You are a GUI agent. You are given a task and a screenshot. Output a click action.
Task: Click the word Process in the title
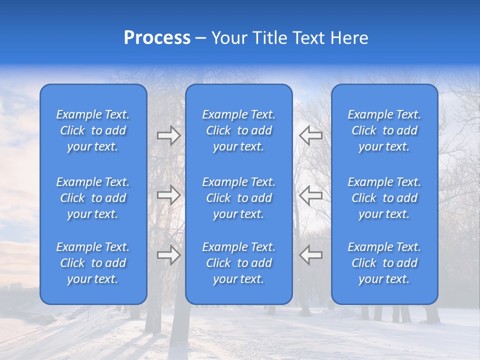157,38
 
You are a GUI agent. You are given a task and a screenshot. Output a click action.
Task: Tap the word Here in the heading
349,38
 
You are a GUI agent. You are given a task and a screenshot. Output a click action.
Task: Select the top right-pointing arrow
168,135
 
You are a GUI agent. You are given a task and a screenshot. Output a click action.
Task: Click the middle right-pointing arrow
168,195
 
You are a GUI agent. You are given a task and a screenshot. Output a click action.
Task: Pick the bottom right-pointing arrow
168,254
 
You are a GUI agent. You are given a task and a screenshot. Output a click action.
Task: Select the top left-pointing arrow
311,135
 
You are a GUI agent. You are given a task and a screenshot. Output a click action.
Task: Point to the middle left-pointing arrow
311,195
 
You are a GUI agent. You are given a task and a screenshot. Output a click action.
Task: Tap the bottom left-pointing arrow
311,254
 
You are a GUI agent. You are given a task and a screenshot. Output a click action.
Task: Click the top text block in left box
93,130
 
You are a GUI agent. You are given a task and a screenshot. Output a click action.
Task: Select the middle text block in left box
93,198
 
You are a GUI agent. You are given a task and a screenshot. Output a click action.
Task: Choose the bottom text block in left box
93,263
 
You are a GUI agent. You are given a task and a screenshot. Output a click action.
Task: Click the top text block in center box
239,130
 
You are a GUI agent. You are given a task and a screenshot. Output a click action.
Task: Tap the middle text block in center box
239,198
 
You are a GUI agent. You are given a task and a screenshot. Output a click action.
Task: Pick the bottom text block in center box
239,263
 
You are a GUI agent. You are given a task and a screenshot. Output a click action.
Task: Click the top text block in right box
384,130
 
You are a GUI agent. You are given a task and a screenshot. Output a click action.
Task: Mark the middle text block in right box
384,198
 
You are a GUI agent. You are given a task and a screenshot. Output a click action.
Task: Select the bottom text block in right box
384,263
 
